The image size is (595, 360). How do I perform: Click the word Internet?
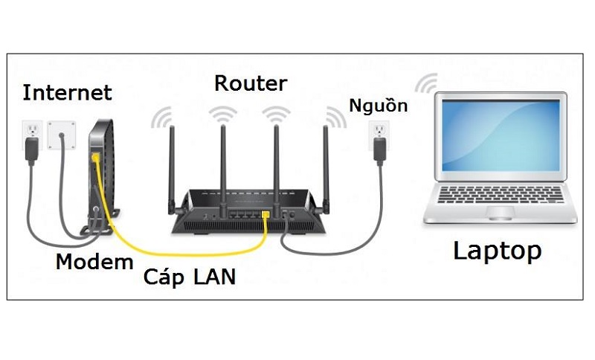tap(67, 93)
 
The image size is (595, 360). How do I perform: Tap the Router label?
tap(250, 83)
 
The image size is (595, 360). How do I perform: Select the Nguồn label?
tap(379, 106)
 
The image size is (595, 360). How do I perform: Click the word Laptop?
tap(497, 251)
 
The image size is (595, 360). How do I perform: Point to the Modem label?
tap(94, 262)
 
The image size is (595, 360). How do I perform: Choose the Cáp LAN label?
tap(190, 277)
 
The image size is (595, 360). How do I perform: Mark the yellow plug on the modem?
tap(94, 158)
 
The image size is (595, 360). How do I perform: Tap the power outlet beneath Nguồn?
tap(379, 138)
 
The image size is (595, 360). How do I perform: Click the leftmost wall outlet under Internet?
tap(31, 135)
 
